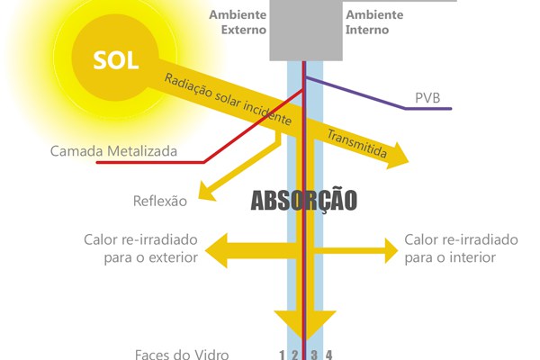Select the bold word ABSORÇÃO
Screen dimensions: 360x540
(x=303, y=200)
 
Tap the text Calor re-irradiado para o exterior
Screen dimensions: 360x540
(x=139, y=248)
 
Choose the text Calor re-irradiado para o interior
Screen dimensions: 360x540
(x=461, y=248)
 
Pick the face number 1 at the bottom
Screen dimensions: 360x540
(x=283, y=354)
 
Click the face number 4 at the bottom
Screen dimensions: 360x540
(x=329, y=354)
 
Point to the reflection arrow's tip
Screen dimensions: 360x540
(x=201, y=193)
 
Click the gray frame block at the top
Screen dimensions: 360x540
(x=306, y=31)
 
